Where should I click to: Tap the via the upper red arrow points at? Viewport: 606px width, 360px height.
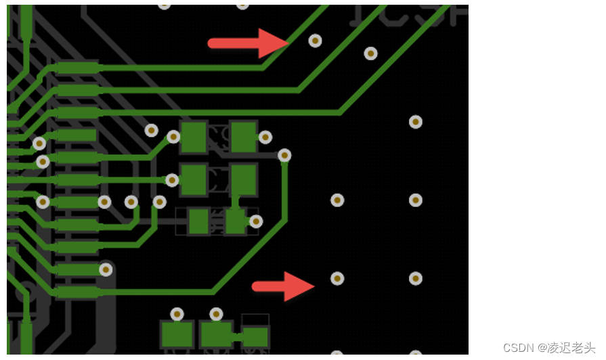(315, 41)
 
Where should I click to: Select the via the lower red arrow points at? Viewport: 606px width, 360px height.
(337, 279)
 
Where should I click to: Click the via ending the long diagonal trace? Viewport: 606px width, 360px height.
(284, 156)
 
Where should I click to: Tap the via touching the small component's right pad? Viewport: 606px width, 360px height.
(256, 221)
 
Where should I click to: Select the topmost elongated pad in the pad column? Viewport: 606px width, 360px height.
(77, 68)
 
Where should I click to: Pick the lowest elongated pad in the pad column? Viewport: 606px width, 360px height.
(77, 292)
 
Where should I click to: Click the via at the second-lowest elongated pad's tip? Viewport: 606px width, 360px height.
(106, 269)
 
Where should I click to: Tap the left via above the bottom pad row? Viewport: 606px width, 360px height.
(177, 314)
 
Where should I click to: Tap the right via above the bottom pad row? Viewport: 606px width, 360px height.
(216, 314)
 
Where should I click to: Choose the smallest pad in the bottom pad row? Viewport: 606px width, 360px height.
(255, 336)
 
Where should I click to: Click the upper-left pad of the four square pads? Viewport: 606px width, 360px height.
(194, 137)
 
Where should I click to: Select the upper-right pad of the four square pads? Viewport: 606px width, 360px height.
(243, 137)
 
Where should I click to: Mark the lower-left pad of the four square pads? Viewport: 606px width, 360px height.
(194, 180)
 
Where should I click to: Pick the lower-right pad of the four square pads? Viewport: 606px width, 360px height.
(243, 180)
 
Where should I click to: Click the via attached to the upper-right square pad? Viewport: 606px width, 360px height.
(265, 137)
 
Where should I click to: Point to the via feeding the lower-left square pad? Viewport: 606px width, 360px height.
(172, 180)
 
